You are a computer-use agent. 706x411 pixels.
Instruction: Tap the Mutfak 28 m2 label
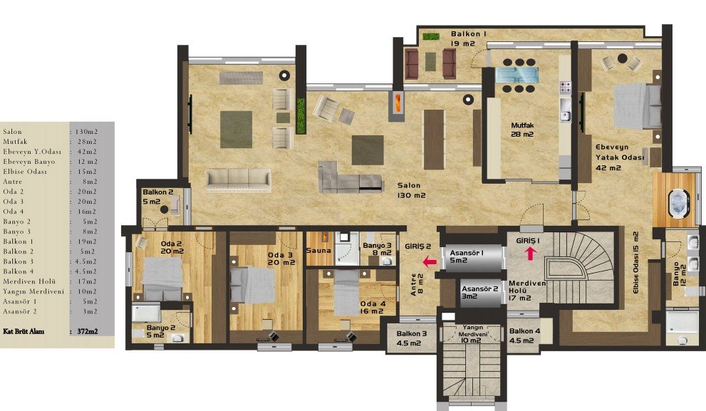(x=522, y=130)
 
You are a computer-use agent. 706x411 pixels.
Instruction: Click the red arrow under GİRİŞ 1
(x=531, y=254)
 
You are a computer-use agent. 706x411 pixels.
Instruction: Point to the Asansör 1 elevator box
(x=472, y=258)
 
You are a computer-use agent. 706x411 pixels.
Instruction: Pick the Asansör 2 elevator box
(x=480, y=293)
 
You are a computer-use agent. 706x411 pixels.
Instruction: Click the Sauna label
(x=318, y=250)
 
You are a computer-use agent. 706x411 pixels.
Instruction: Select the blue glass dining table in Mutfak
(x=517, y=74)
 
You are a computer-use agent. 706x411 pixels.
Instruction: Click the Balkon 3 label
(x=411, y=338)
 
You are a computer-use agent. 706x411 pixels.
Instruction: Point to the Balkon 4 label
(x=524, y=335)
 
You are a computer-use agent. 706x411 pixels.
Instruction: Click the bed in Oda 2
(x=163, y=279)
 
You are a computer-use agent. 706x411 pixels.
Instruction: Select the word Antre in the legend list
(x=13, y=182)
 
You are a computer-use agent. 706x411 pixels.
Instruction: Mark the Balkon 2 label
(x=157, y=197)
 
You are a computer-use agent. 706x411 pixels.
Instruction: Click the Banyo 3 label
(x=378, y=249)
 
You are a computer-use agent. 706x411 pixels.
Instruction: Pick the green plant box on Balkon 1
(x=431, y=36)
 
